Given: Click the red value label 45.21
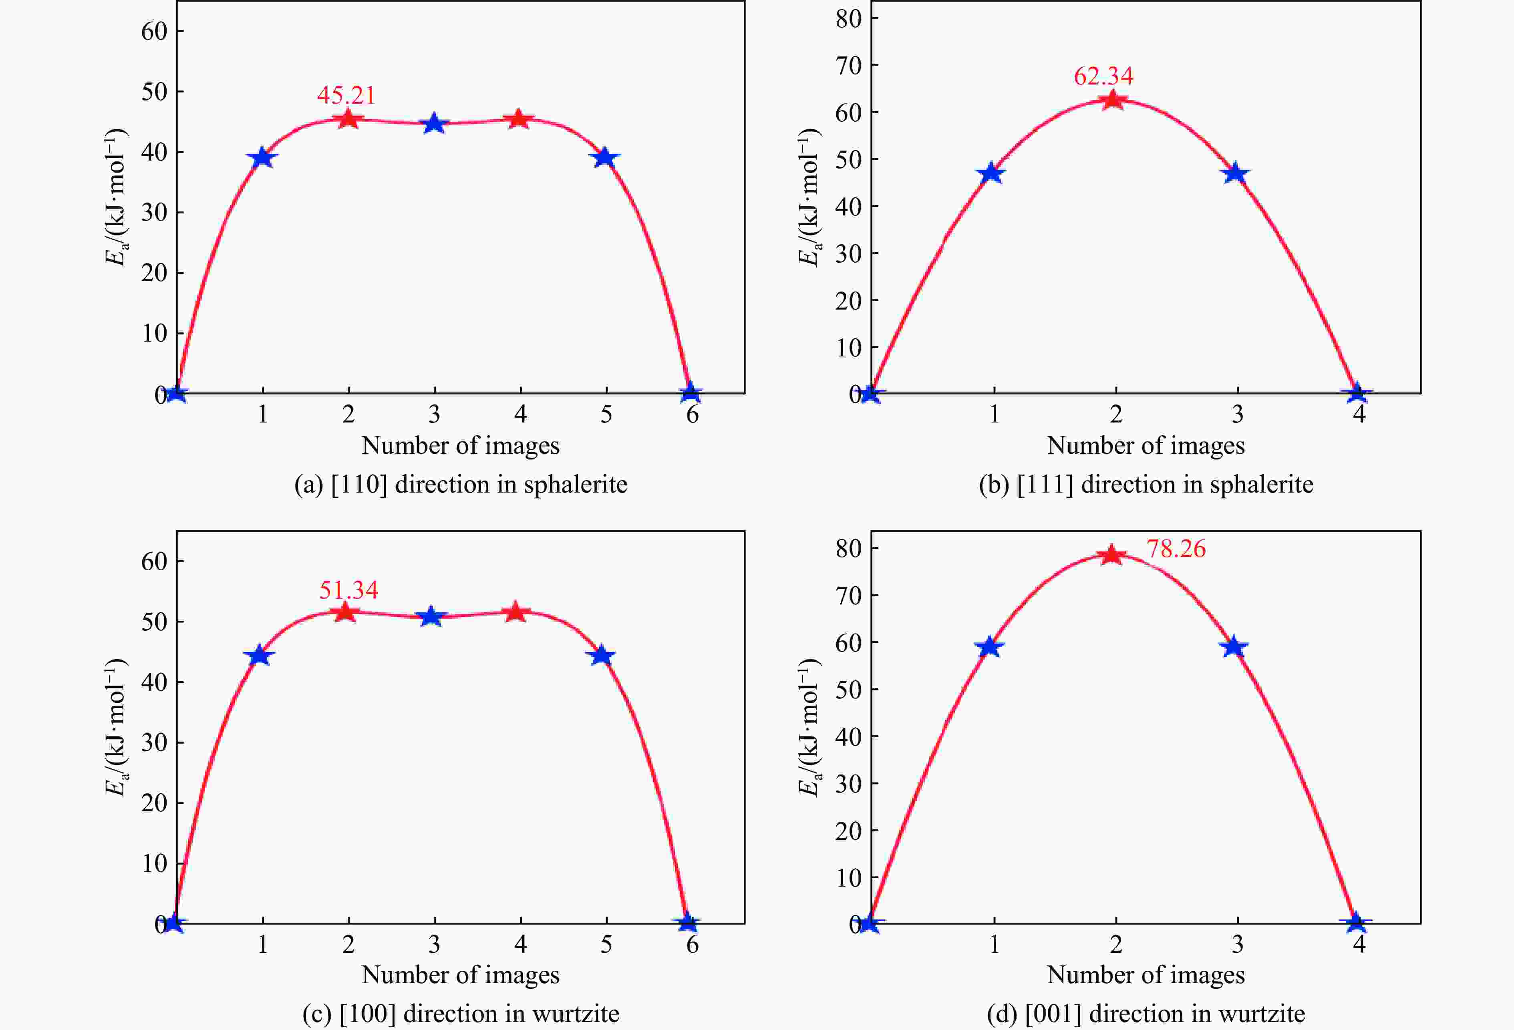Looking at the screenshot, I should click(346, 96).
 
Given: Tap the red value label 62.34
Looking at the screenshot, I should click(1103, 76).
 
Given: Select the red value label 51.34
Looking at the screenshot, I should click(348, 590).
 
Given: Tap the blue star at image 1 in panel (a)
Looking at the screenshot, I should click(262, 158).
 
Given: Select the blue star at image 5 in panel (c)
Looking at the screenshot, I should click(603, 656).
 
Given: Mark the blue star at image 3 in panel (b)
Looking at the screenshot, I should click(1235, 174).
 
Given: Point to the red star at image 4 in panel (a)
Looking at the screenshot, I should click(519, 119).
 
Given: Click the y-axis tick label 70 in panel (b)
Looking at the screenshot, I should click(848, 65).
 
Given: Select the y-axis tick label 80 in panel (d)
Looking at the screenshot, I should click(848, 549).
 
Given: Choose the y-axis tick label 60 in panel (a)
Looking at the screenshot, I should click(154, 31).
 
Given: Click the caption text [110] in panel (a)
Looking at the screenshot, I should click(358, 485).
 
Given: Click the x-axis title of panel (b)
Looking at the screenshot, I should click(1145, 446).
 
